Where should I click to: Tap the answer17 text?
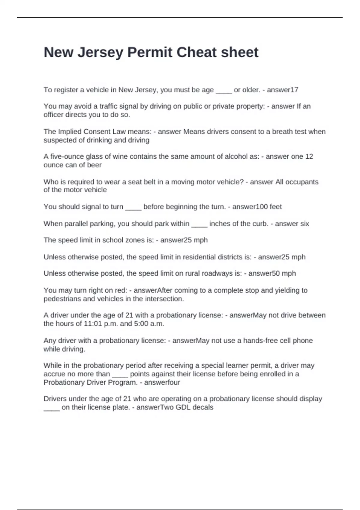[x=282, y=90]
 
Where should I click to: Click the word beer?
[x=94, y=165]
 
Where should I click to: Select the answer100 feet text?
[x=257, y=207]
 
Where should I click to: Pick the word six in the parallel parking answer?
[x=303, y=223]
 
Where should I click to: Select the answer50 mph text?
[x=272, y=273]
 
